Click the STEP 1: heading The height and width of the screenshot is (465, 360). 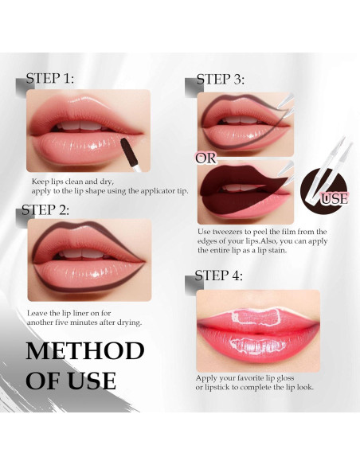pyautogui.click(x=50, y=79)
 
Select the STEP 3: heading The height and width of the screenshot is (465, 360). pyautogui.click(x=221, y=80)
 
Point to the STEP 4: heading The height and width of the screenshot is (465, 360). pyautogui.click(x=219, y=276)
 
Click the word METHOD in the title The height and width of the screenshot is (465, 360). pyautogui.click(x=85, y=351)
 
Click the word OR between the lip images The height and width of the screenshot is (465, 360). pyautogui.click(x=205, y=158)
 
